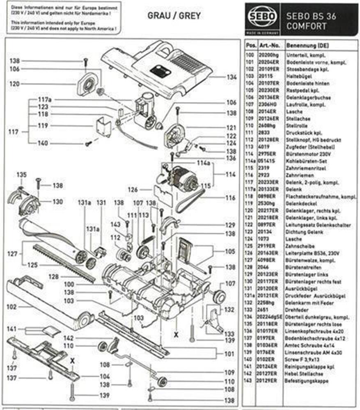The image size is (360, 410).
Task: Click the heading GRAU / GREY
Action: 174,16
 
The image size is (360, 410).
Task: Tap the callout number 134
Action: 232,77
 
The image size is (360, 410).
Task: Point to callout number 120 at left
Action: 15,84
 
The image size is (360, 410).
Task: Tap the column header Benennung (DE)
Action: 303,46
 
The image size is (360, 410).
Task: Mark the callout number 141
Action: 12,329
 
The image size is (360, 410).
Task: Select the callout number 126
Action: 132,189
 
